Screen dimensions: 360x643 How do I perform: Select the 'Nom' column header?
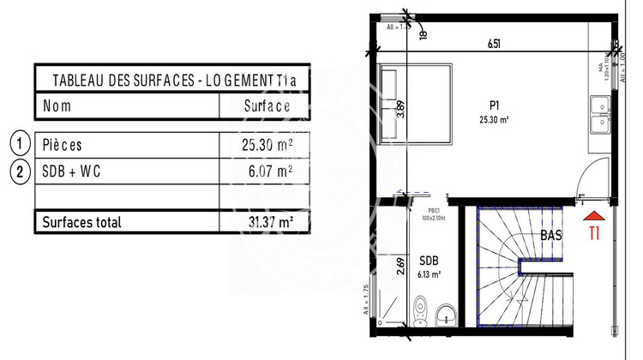57,106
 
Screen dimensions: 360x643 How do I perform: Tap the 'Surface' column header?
267,106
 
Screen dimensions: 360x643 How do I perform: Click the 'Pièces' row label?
63,145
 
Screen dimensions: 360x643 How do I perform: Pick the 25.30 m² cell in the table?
268,145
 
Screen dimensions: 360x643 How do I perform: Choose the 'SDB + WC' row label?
74,171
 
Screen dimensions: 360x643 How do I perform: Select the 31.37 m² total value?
268,222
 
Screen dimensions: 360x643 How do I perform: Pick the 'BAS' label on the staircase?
552,235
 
